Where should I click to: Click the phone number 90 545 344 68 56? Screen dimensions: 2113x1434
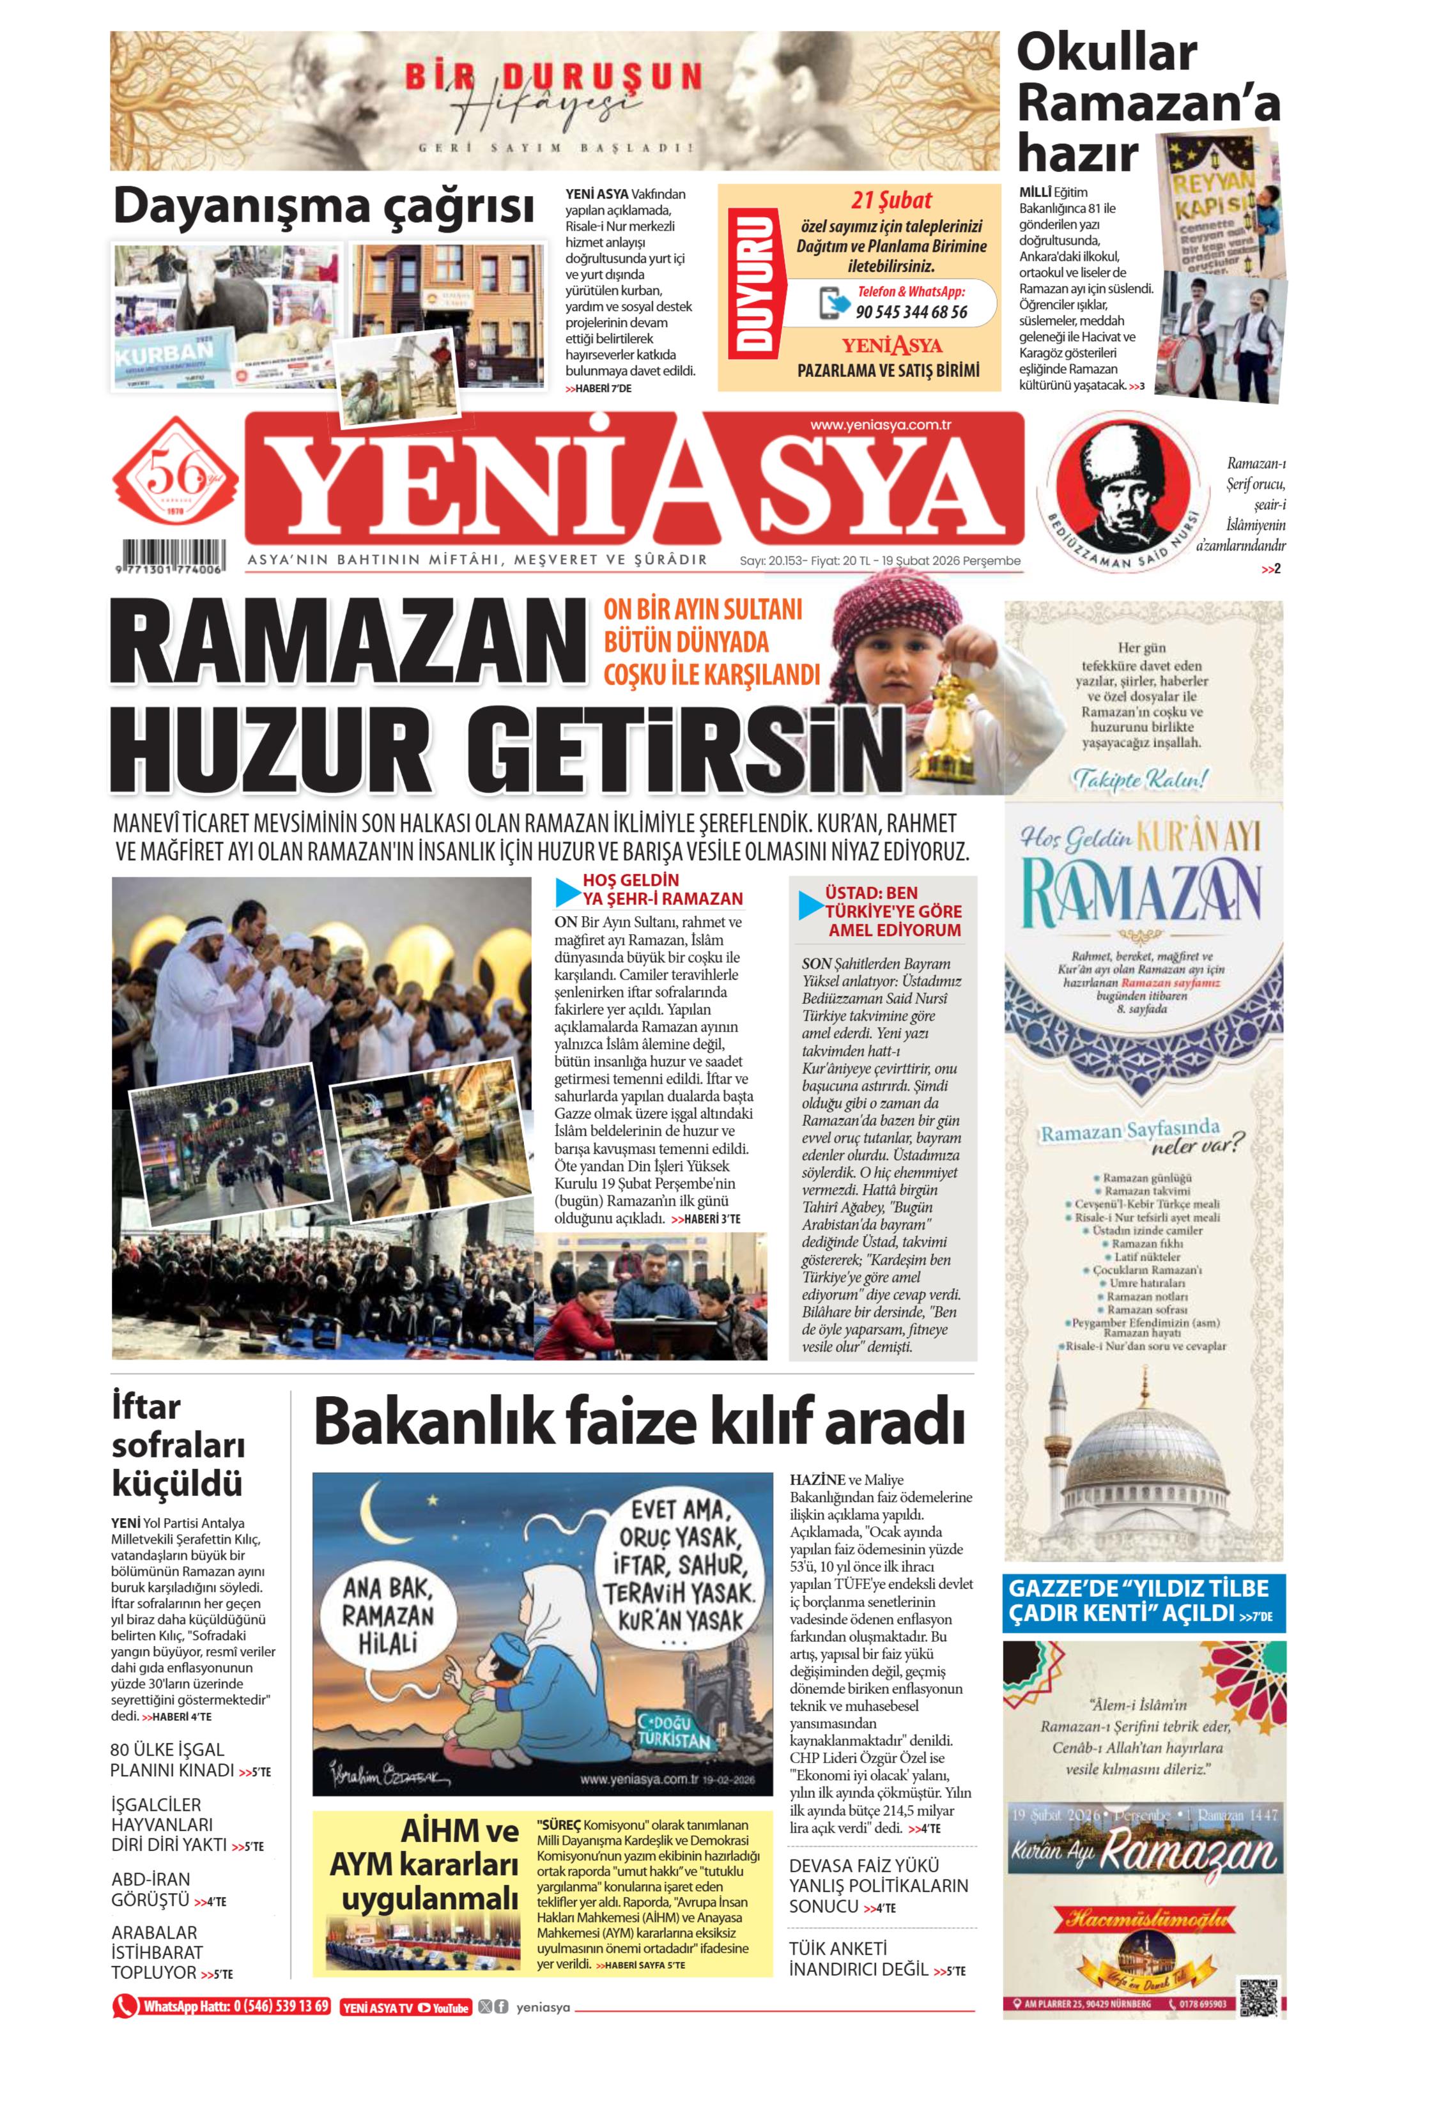910,312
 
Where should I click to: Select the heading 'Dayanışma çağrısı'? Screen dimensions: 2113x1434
323,206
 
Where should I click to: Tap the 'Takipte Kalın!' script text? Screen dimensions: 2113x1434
1140,779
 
